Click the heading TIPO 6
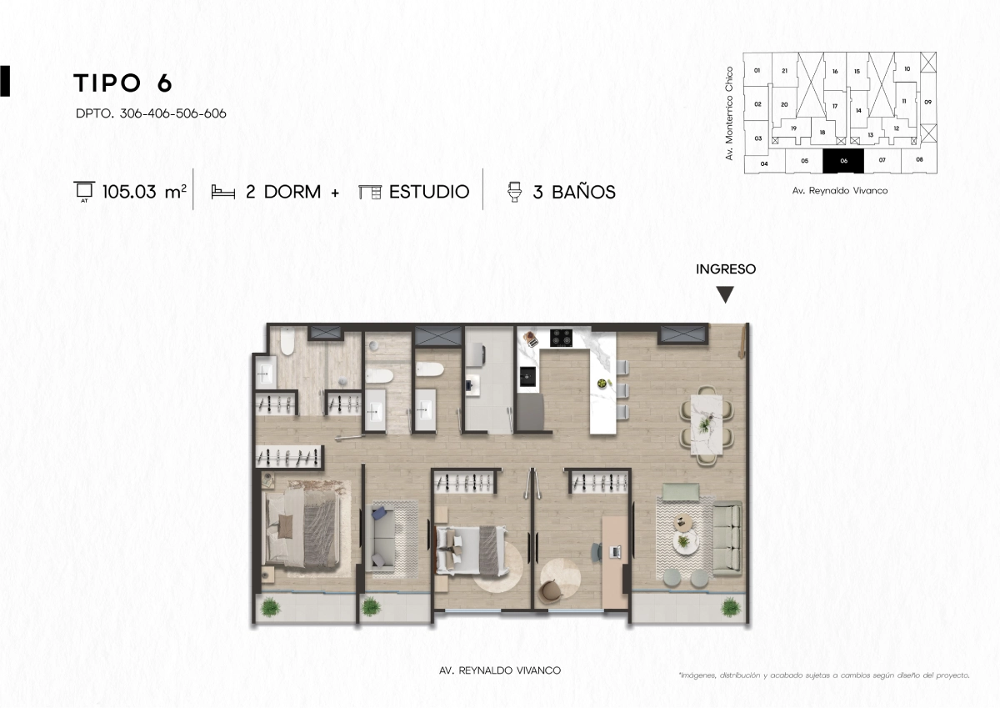(122, 83)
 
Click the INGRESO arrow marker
(725, 294)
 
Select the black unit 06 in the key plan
(843, 161)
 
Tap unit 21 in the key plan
(785, 71)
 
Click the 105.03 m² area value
(144, 192)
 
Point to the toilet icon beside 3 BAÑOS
(514, 192)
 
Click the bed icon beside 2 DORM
(222, 193)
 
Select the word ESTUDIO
(429, 192)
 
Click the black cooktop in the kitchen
(561, 338)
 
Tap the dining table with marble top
(707, 424)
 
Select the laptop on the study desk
(615, 552)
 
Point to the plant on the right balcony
(730, 607)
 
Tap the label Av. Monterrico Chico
(729, 113)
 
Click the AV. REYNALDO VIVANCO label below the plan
(500, 670)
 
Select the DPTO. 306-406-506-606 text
(151, 113)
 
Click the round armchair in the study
(550, 591)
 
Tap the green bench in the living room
(680, 492)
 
